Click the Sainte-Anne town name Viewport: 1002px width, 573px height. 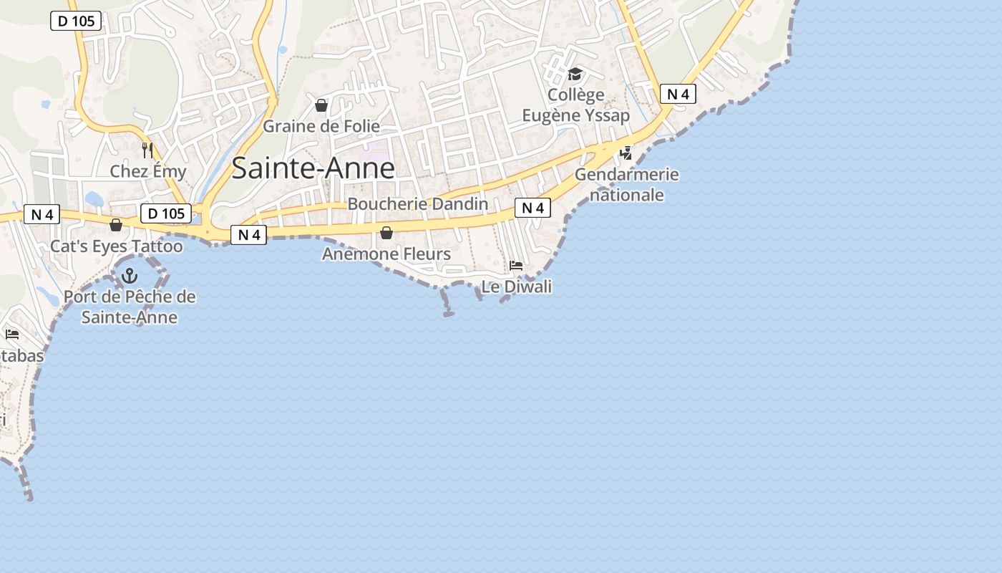(x=313, y=168)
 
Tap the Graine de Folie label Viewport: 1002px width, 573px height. (x=321, y=126)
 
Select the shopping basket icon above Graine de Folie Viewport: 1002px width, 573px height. (x=321, y=106)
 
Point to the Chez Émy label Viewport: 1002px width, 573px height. (x=147, y=171)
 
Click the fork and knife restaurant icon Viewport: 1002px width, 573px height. (x=147, y=150)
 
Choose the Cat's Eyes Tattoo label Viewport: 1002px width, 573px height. (x=116, y=246)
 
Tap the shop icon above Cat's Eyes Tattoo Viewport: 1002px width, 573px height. (x=116, y=226)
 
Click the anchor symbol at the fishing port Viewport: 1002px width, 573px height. (x=130, y=275)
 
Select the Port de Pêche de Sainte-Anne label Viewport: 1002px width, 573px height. (x=130, y=307)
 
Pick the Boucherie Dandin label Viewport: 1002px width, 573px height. (x=417, y=204)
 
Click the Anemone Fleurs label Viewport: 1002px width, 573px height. (x=386, y=254)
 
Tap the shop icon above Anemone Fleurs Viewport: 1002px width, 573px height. (x=386, y=233)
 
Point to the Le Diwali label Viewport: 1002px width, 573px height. (x=516, y=286)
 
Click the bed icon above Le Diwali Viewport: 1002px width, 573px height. (x=515, y=266)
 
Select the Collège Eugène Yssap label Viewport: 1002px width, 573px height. (x=575, y=105)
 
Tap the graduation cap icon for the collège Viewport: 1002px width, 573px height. (x=575, y=74)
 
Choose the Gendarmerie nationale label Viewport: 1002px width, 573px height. (x=626, y=184)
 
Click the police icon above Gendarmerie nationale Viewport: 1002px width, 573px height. (x=626, y=153)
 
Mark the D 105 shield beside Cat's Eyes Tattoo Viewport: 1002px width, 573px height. (x=166, y=213)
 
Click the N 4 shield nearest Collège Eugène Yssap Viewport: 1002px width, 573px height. (x=677, y=94)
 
